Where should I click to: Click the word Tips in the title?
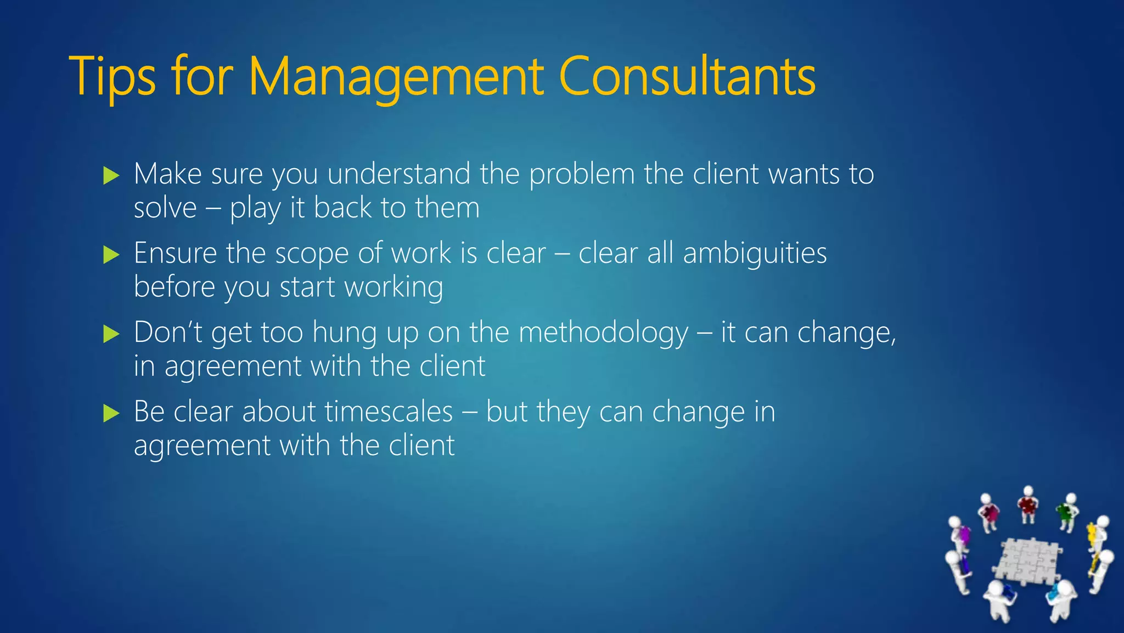[113, 77]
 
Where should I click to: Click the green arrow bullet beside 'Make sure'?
[111, 176]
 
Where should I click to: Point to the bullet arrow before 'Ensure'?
[111, 255]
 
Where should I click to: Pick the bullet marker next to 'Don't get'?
[111, 334]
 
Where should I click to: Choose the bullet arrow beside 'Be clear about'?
[111, 413]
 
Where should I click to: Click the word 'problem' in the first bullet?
[582, 175]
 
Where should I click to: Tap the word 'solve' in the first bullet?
[165, 208]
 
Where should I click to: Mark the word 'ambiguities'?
[755, 254]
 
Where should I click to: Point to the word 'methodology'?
[603, 333]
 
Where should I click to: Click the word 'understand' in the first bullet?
[398, 175]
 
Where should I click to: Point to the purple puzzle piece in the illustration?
[962, 534]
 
